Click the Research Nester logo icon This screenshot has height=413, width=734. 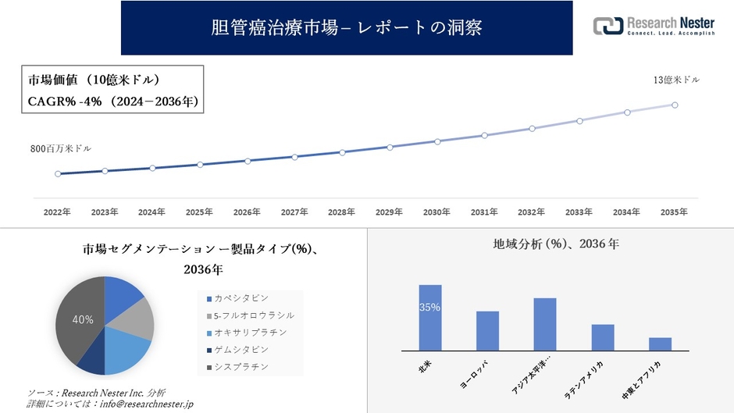[608, 26]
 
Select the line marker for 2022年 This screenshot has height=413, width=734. [58, 173]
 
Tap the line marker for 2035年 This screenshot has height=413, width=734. [675, 105]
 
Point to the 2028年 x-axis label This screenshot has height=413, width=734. [341, 212]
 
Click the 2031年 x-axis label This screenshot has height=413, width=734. [484, 212]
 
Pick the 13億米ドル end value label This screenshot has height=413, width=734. [676, 80]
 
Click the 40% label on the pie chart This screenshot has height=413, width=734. [83, 319]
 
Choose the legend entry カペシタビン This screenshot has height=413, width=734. [241, 298]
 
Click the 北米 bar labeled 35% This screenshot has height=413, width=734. [430, 318]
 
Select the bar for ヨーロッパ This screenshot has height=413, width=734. [487, 331]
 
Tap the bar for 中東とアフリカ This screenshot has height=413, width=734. [660, 344]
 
